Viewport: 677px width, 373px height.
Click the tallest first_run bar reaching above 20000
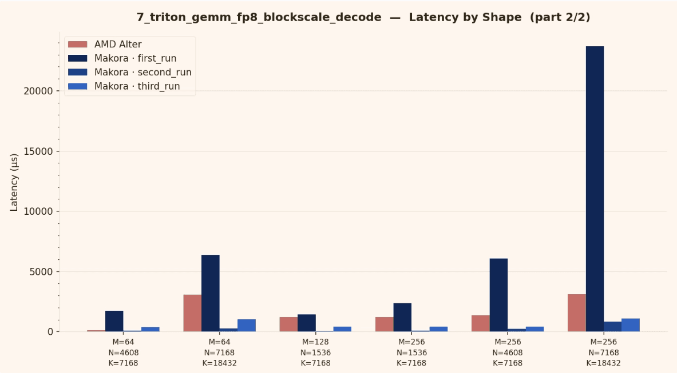[595, 188]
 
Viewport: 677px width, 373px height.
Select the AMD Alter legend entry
[117, 45]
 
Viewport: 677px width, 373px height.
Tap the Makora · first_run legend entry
[135, 58]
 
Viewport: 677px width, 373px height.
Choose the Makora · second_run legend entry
[142, 73]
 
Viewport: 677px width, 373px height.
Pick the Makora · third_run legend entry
[137, 86]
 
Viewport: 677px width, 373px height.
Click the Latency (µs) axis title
[14, 182]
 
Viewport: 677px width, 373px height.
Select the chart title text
[363, 17]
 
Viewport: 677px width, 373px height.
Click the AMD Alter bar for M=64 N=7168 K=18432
[192, 313]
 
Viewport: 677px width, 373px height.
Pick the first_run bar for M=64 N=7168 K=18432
[210, 293]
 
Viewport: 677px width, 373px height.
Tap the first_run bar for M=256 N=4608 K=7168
[498, 295]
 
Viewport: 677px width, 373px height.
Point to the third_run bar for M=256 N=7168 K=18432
[631, 325]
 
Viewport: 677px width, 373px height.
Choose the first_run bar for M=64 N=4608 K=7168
[114, 321]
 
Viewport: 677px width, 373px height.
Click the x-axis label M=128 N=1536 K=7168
[315, 352]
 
